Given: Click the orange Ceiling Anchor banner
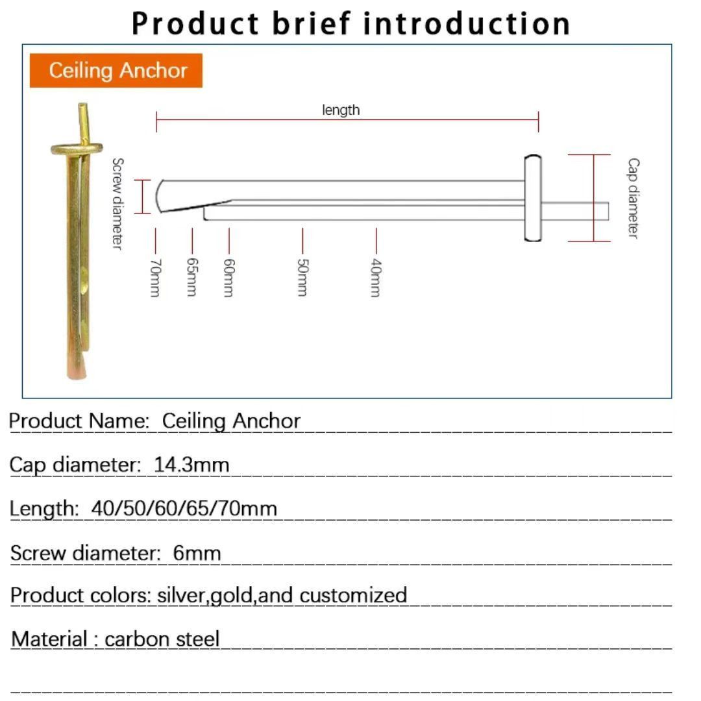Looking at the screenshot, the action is pyautogui.click(x=116, y=70).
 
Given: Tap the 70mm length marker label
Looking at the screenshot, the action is pyautogui.click(x=154, y=277).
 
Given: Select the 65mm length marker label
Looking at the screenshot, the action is pyautogui.click(x=191, y=277).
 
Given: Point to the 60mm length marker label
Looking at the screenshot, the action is pyautogui.click(x=228, y=277).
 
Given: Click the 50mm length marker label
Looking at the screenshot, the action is pyautogui.click(x=302, y=277).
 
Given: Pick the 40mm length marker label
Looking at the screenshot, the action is pyautogui.click(x=376, y=277).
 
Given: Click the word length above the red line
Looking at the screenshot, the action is pyautogui.click(x=341, y=110).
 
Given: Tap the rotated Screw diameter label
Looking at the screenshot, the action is pyautogui.click(x=117, y=203).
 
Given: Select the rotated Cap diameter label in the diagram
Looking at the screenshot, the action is pyautogui.click(x=633, y=198).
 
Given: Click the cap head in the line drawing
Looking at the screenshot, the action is pyautogui.click(x=532, y=198).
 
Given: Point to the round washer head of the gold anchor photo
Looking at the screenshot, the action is pyautogui.click(x=78, y=149).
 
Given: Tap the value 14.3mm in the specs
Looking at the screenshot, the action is pyautogui.click(x=191, y=464).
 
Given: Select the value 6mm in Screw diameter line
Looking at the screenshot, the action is pyautogui.click(x=197, y=553).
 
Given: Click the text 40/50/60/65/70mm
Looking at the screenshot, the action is pyautogui.click(x=184, y=508).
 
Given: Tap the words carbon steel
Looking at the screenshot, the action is pyautogui.click(x=162, y=639).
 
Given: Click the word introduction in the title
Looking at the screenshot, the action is pyautogui.click(x=467, y=23).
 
